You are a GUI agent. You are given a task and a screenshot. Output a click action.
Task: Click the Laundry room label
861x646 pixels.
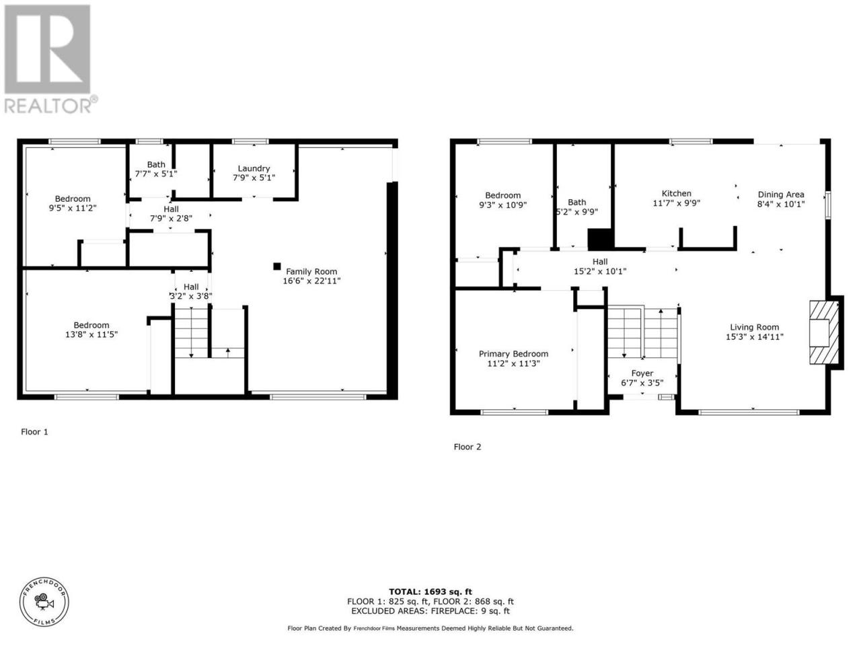(x=254, y=168)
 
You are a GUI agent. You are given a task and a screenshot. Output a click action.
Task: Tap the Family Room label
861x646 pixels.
(x=311, y=271)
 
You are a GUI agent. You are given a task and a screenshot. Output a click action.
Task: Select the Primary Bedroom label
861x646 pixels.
(x=513, y=354)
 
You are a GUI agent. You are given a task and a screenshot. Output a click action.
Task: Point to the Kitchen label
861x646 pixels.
(x=676, y=193)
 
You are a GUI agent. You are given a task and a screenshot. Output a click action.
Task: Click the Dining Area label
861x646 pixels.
(x=780, y=194)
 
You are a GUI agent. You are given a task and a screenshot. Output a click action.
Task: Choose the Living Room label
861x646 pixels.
(x=754, y=327)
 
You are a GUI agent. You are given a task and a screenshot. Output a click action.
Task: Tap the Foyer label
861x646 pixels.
(x=642, y=373)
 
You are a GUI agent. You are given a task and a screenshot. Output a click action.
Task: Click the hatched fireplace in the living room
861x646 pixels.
(x=824, y=332)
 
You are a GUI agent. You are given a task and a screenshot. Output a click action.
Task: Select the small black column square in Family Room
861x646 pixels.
(x=277, y=266)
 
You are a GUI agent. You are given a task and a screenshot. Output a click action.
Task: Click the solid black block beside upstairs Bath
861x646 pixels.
(x=600, y=239)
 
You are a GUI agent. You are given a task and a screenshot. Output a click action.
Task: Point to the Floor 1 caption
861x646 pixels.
(x=34, y=432)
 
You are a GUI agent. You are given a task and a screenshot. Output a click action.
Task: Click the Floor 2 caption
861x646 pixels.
(x=467, y=447)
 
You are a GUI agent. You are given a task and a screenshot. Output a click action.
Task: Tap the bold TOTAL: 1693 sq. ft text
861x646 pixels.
(x=430, y=592)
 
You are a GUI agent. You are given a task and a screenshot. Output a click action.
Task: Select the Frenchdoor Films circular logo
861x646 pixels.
(x=44, y=602)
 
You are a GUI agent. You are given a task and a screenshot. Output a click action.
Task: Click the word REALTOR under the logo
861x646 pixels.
(x=48, y=106)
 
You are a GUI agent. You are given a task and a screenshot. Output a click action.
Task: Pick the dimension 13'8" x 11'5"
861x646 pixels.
(x=91, y=334)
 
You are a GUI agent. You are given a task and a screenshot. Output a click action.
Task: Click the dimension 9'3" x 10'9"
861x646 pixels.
(x=502, y=205)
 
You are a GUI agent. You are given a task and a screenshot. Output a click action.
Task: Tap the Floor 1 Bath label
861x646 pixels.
(x=156, y=165)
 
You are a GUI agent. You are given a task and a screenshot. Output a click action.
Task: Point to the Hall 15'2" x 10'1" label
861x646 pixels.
(x=600, y=266)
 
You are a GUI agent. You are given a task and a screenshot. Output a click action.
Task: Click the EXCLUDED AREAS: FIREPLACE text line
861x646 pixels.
(x=430, y=611)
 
